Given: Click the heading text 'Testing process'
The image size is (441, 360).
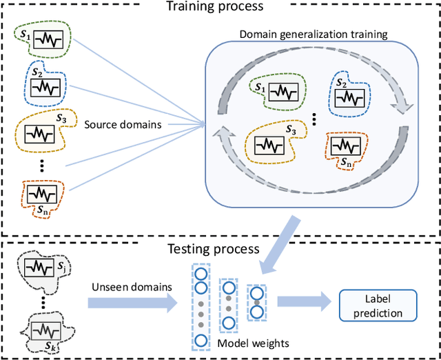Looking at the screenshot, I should (215, 248).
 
